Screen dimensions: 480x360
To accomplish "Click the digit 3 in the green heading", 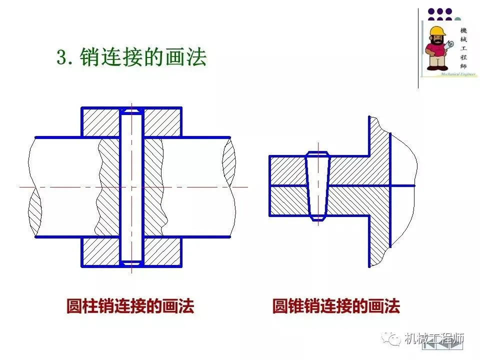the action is pyautogui.click(x=62, y=57).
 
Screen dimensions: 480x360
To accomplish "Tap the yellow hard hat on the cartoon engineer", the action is pyautogui.click(x=438, y=31).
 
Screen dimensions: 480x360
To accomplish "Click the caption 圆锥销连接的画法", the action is pyautogui.click(x=336, y=306).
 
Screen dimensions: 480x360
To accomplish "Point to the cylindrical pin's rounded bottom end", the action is pyautogui.click(x=131, y=262).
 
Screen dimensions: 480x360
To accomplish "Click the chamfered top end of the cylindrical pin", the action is pyautogui.click(x=131, y=109).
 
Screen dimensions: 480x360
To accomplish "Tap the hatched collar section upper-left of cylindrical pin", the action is pyautogui.click(x=100, y=122).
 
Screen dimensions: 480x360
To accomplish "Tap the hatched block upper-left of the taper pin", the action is pyautogui.click(x=287, y=170).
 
